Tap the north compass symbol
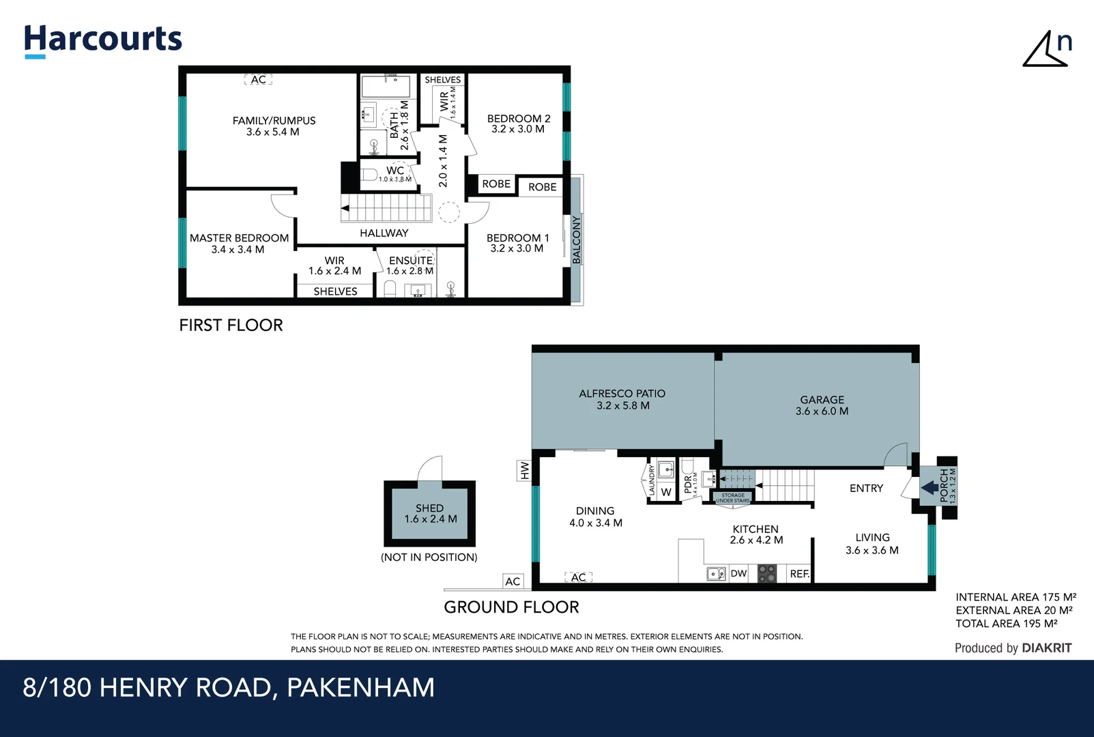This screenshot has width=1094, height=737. [1047, 49]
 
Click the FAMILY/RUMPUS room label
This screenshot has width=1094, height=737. [274, 121]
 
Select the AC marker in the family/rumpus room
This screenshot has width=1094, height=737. [258, 80]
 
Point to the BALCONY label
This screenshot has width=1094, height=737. [577, 240]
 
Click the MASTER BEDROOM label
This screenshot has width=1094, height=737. [239, 238]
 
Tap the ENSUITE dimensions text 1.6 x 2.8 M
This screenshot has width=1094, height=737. [409, 271]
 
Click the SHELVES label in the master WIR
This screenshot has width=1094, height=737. [335, 291]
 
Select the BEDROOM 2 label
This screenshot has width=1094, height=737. [518, 119]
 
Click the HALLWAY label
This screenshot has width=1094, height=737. [384, 233]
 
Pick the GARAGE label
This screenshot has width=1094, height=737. [822, 400]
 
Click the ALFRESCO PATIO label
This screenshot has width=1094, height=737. [622, 394]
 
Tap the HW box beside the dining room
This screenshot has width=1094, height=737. [524, 471]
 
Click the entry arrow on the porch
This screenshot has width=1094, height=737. [930, 488]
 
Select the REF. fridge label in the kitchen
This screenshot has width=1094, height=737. [799, 574]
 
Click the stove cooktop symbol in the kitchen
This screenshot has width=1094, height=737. [767, 573]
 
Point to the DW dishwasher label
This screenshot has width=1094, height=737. [738, 574]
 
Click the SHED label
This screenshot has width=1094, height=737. [429, 508]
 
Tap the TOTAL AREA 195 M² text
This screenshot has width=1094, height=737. [1006, 624]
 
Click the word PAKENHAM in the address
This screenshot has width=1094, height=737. [360, 688]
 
